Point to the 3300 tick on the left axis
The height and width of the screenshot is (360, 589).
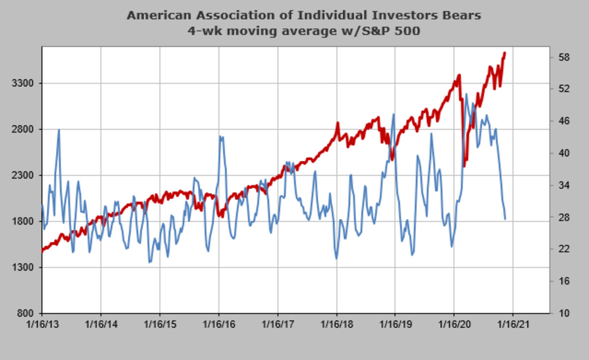[22, 83]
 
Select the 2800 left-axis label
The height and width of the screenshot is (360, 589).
[22, 129]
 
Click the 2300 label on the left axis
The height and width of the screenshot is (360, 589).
[22, 176]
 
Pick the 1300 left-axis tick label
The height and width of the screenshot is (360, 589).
[22, 268]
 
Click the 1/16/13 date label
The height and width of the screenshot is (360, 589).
[42, 325]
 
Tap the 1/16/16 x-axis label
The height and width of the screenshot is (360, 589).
[218, 325]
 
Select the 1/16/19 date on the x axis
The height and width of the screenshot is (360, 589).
[395, 325]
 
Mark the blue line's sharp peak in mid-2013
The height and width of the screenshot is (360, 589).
[59, 130]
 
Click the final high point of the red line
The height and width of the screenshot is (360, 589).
[505, 53]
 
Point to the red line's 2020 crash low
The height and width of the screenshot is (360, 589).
[464, 165]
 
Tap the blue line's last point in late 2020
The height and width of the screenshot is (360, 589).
[505, 219]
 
